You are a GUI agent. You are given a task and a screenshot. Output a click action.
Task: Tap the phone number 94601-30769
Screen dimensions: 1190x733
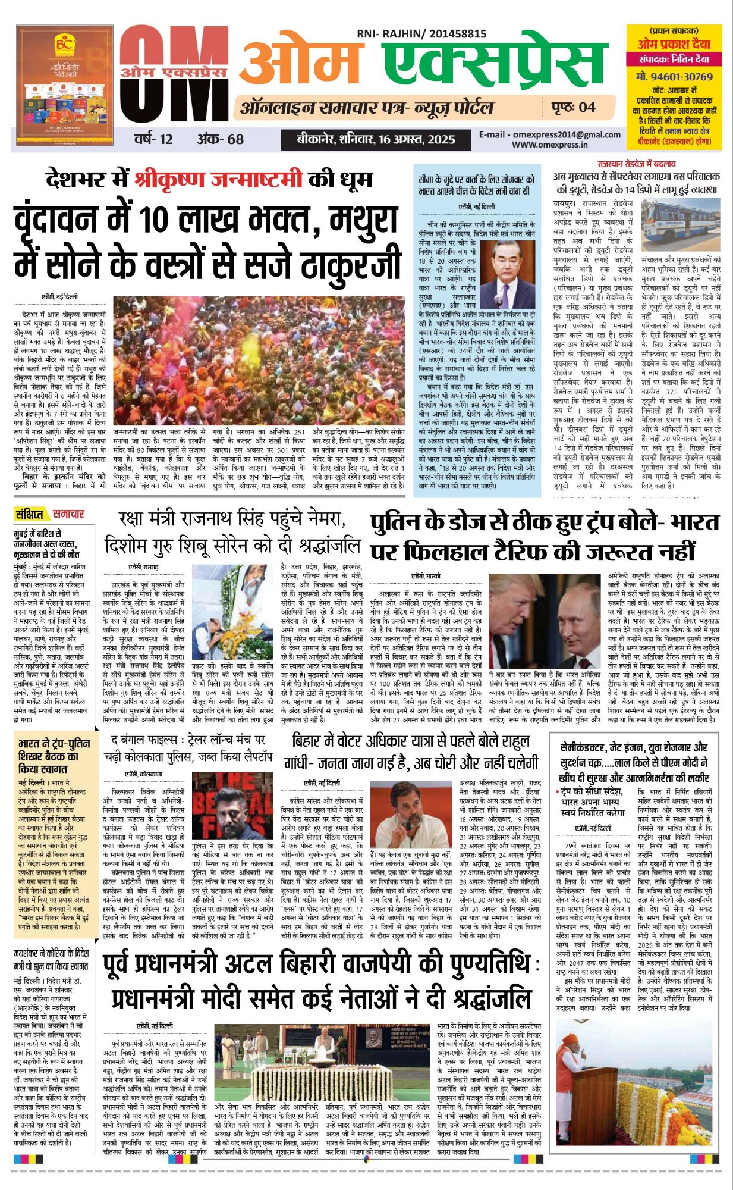point(674,77)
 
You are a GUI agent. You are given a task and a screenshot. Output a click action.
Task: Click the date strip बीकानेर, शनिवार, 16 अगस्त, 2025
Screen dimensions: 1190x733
point(376,140)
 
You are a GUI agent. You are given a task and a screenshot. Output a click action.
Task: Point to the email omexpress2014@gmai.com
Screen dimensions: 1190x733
point(550,135)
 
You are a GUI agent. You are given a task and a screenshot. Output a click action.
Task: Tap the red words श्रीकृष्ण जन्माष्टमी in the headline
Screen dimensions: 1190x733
point(218,179)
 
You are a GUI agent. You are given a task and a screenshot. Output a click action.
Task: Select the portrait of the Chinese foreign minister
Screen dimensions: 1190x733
point(507,274)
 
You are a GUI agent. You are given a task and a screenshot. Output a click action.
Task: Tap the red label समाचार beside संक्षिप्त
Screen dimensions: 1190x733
point(68,514)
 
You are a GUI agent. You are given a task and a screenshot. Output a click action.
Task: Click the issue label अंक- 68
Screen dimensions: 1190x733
point(220,140)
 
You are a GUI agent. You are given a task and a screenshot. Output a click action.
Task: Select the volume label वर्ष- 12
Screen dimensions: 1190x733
point(153,140)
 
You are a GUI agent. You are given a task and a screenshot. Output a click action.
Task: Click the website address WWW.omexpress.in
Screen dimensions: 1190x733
point(550,145)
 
